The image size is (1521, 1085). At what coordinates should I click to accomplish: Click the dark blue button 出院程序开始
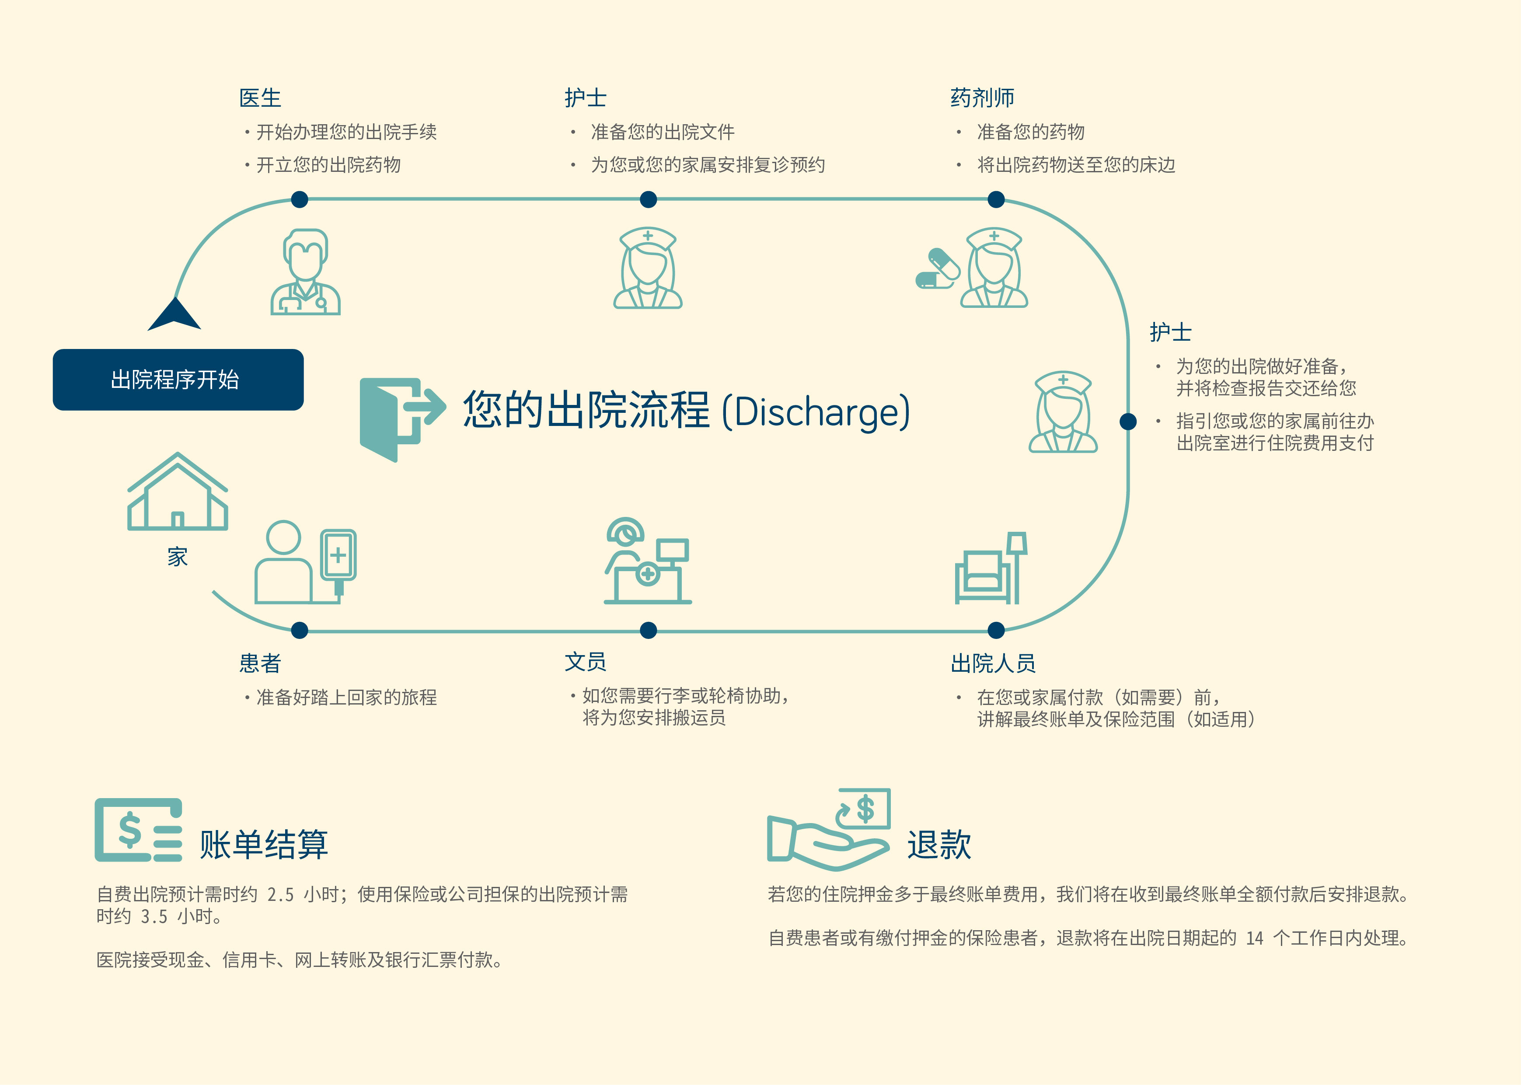tap(178, 380)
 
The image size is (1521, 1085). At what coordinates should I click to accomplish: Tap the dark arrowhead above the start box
tap(174, 315)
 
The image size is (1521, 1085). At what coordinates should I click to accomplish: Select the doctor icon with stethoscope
tap(305, 272)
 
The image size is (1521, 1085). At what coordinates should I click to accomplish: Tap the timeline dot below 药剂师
tap(995, 199)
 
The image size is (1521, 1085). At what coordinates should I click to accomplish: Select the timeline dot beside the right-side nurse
tap(1127, 421)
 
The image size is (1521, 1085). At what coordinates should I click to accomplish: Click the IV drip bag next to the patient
tap(338, 558)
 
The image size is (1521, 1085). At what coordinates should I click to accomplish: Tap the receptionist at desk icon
tap(647, 561)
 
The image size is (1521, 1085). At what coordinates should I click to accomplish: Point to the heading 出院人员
tap(993, 663)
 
